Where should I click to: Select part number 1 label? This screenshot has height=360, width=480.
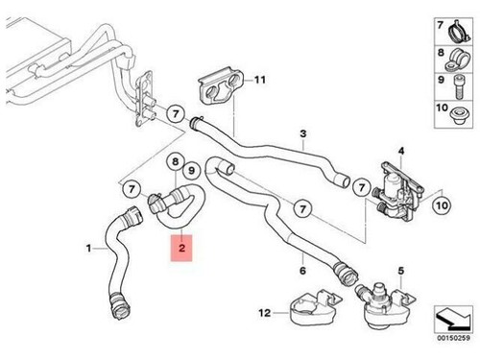pos(89,249)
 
